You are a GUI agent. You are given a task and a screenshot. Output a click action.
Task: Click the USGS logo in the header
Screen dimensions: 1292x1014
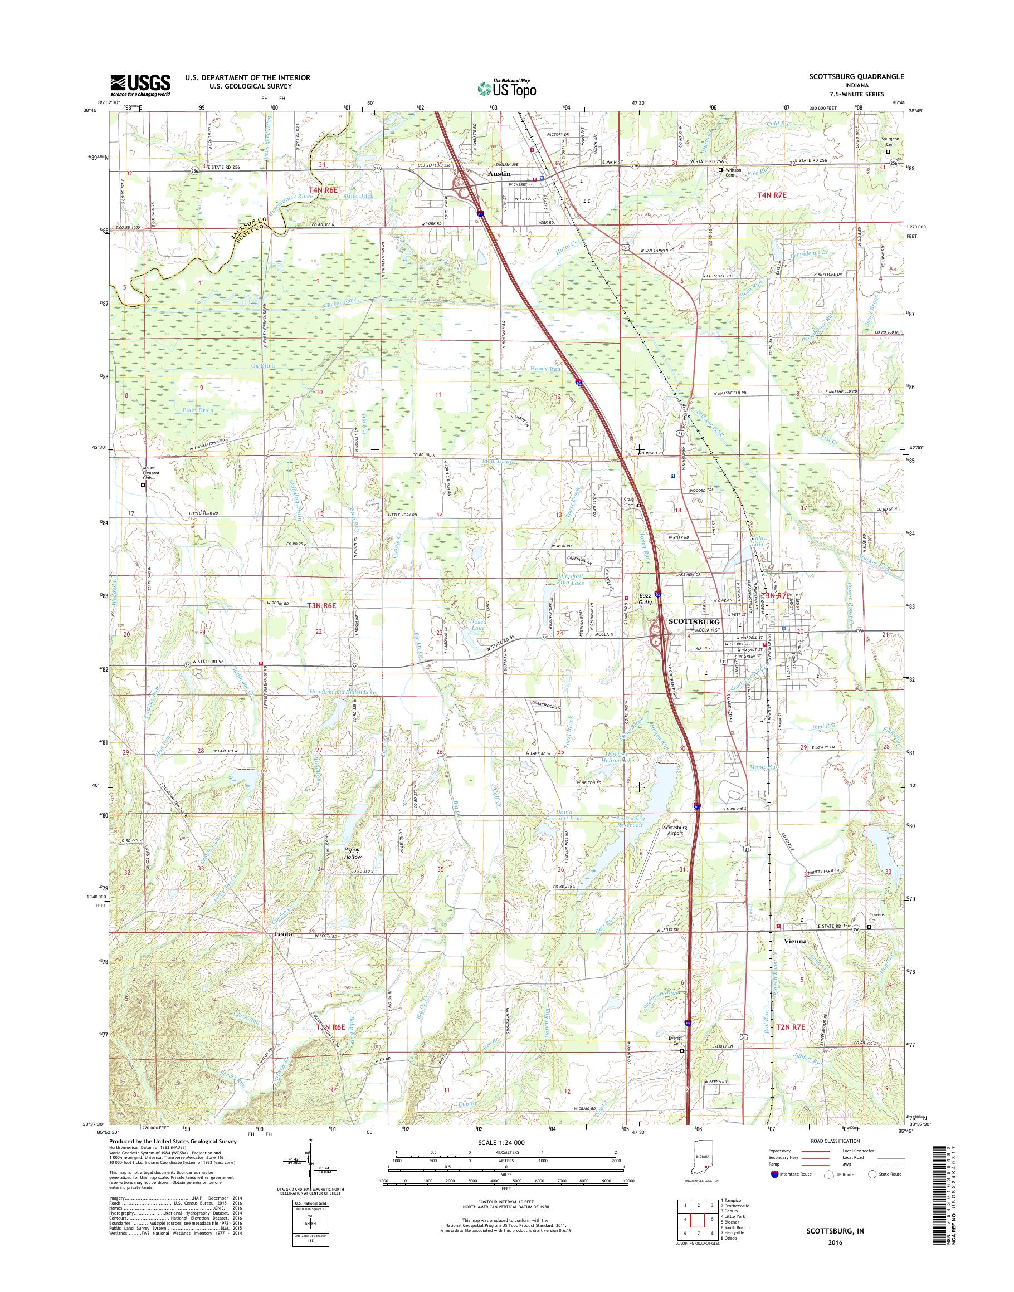(140, 84)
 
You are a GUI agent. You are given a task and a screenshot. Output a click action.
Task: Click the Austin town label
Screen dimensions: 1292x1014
(499, 174)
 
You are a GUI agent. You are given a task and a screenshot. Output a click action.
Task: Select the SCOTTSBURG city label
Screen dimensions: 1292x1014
(694, 621)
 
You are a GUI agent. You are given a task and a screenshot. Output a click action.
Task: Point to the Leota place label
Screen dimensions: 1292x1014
(284, 933)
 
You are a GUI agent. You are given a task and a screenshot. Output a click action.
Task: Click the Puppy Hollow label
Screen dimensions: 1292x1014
(353, 853)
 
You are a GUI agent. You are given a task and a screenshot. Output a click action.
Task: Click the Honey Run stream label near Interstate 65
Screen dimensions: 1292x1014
(546, 369)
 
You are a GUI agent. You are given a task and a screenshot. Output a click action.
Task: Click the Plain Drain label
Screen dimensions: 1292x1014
(198, 410)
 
